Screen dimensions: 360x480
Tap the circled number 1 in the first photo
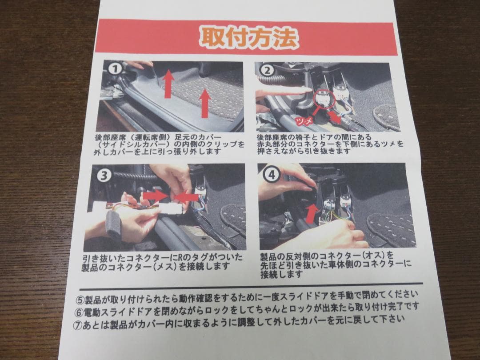coord(115,69)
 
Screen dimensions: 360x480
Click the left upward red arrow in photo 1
coord(168,84)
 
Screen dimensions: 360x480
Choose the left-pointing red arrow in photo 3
coord(186,196)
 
